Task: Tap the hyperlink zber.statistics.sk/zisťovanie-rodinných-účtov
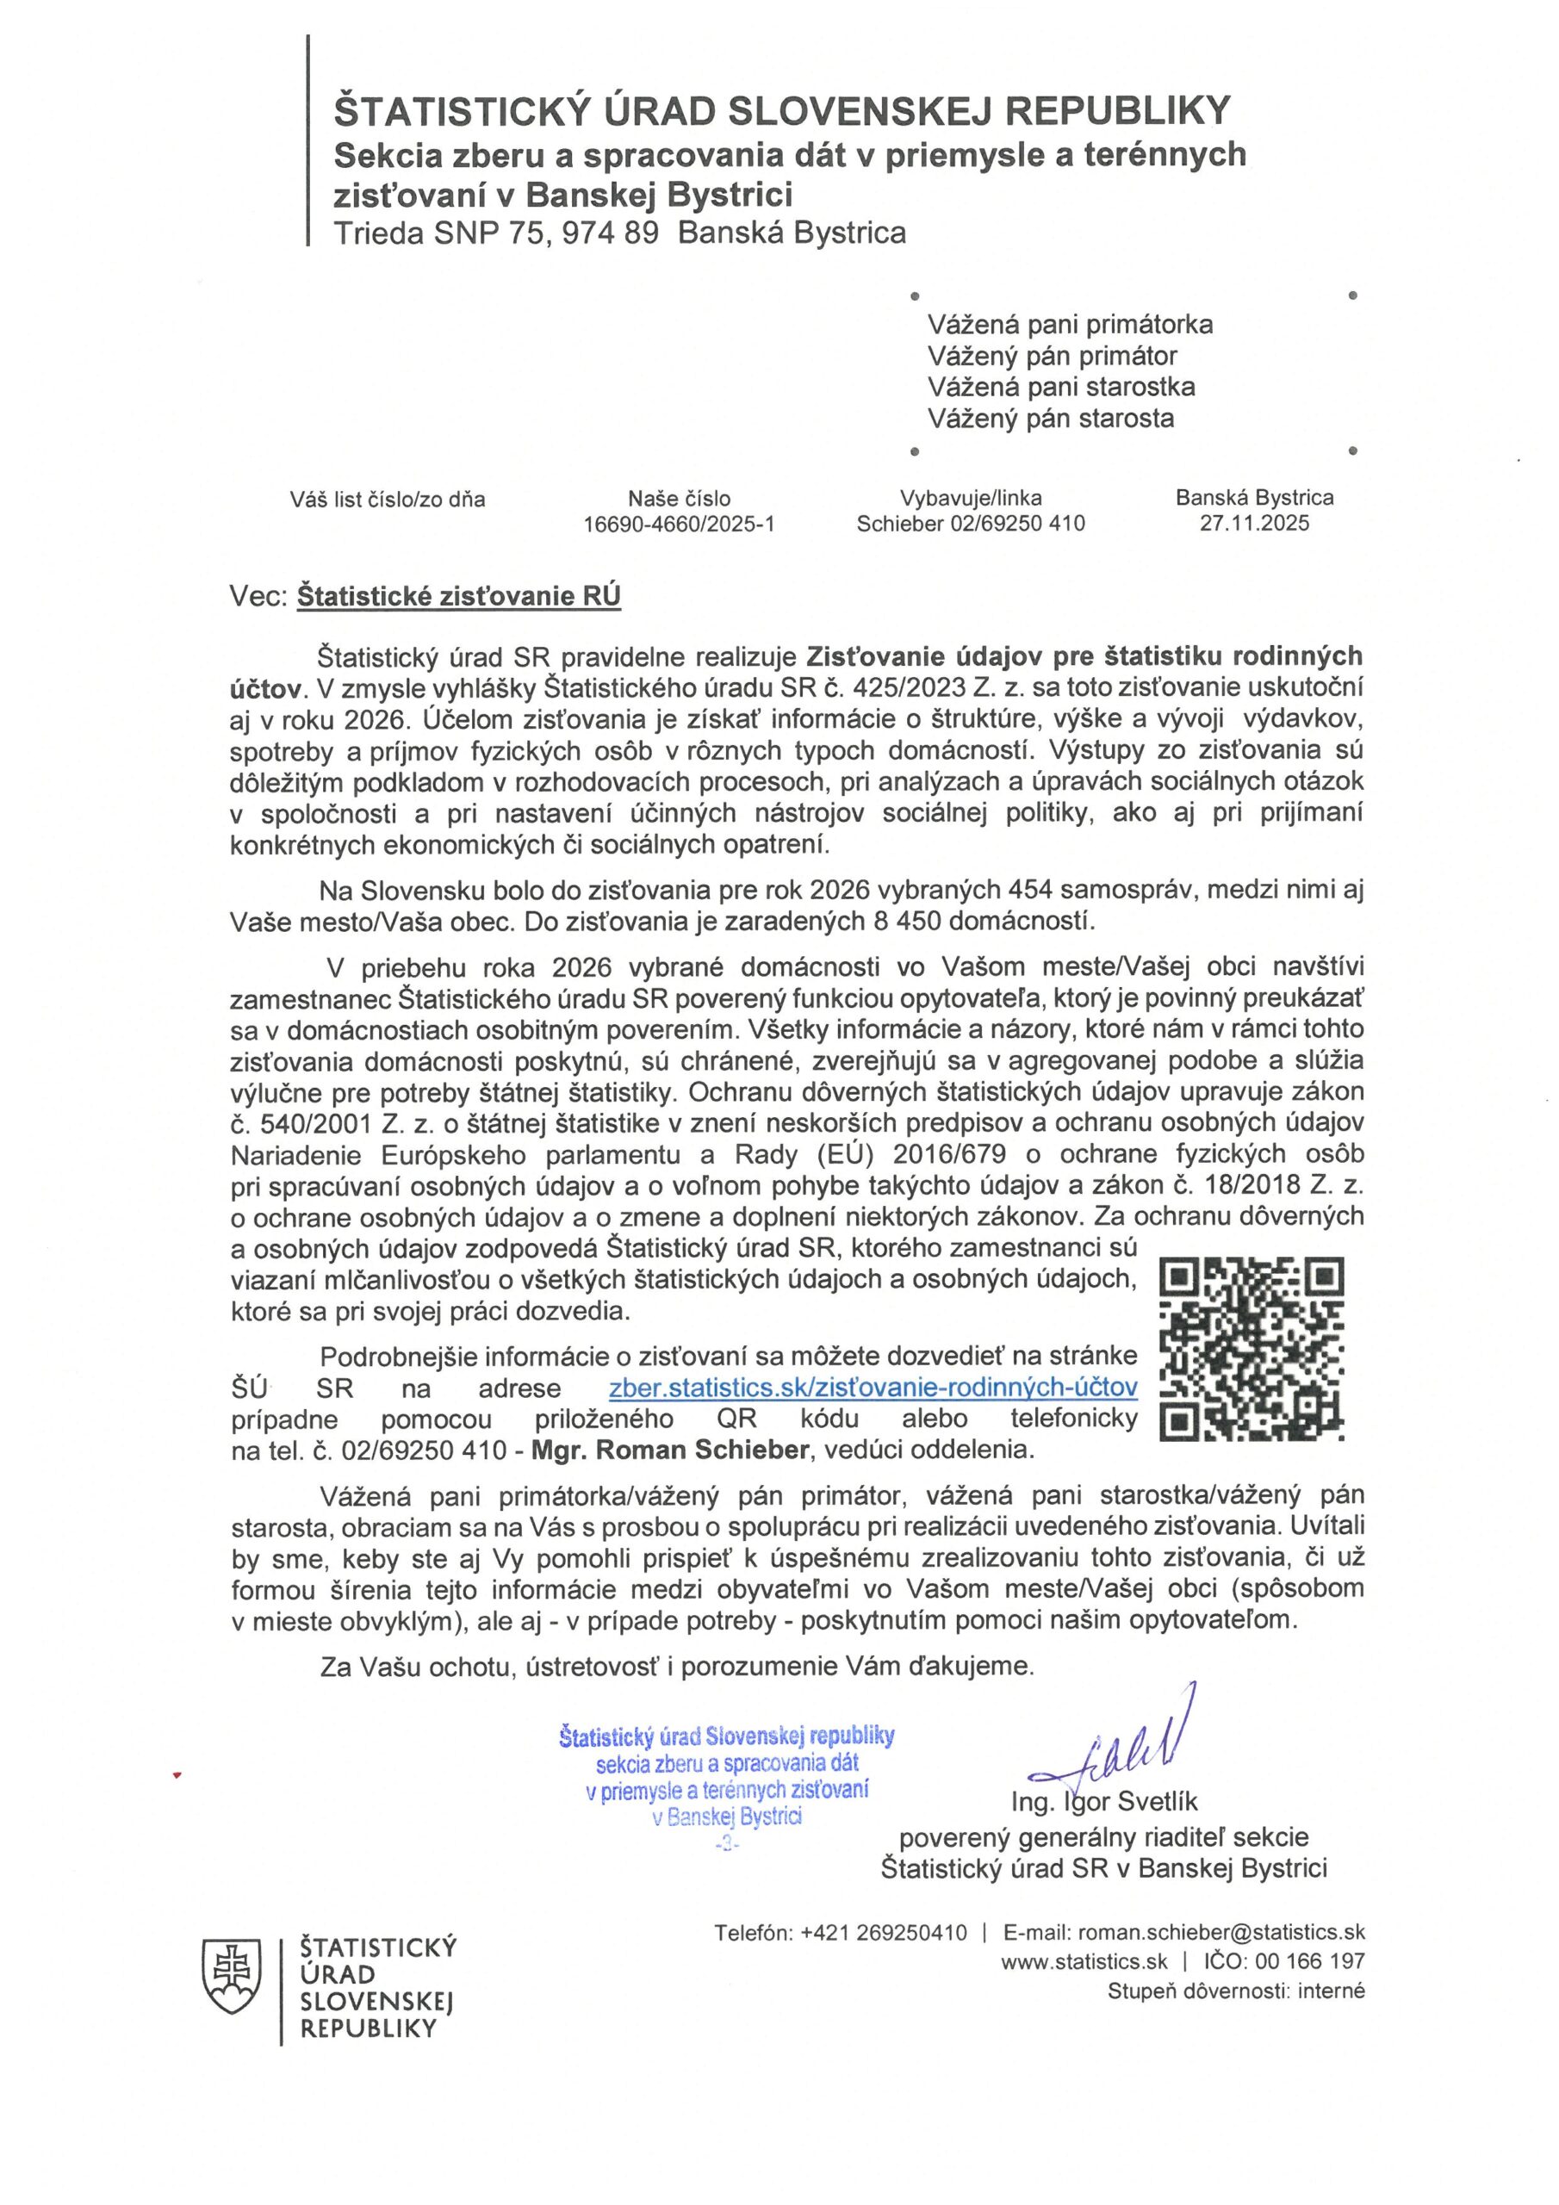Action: pos(873,1387)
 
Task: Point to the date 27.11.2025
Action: pos(1253,524)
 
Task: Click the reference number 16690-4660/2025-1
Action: pos(678,525)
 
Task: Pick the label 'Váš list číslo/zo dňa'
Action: pos(387,500)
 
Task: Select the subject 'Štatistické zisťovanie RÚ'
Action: pos(458,596)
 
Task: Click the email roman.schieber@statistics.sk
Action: pos(1220,1932)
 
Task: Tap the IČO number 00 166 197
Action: pos(1308,1961)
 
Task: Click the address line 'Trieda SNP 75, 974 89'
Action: pos(495,233)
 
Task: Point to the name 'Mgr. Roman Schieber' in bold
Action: pos(669,1450)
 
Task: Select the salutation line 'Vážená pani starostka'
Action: pos(1060,387)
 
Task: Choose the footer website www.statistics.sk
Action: pos(1084,1962)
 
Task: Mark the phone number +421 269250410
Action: pos(883,1932)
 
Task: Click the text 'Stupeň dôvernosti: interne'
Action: pos(1235,1991)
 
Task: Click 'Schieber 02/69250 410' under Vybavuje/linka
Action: pos(970,525)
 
